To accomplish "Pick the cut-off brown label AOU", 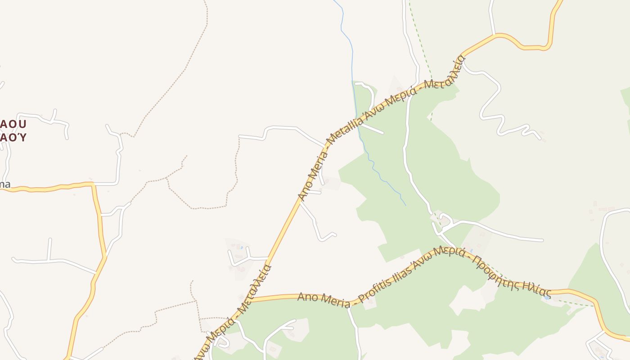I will (x=13, y=124).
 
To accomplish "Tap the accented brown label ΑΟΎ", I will (x=13, y=137).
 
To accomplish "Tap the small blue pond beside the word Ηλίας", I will (x=546, y=297).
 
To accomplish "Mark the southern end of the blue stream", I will (x=405, y=206).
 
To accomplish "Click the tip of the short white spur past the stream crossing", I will (x=382, y=133).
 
